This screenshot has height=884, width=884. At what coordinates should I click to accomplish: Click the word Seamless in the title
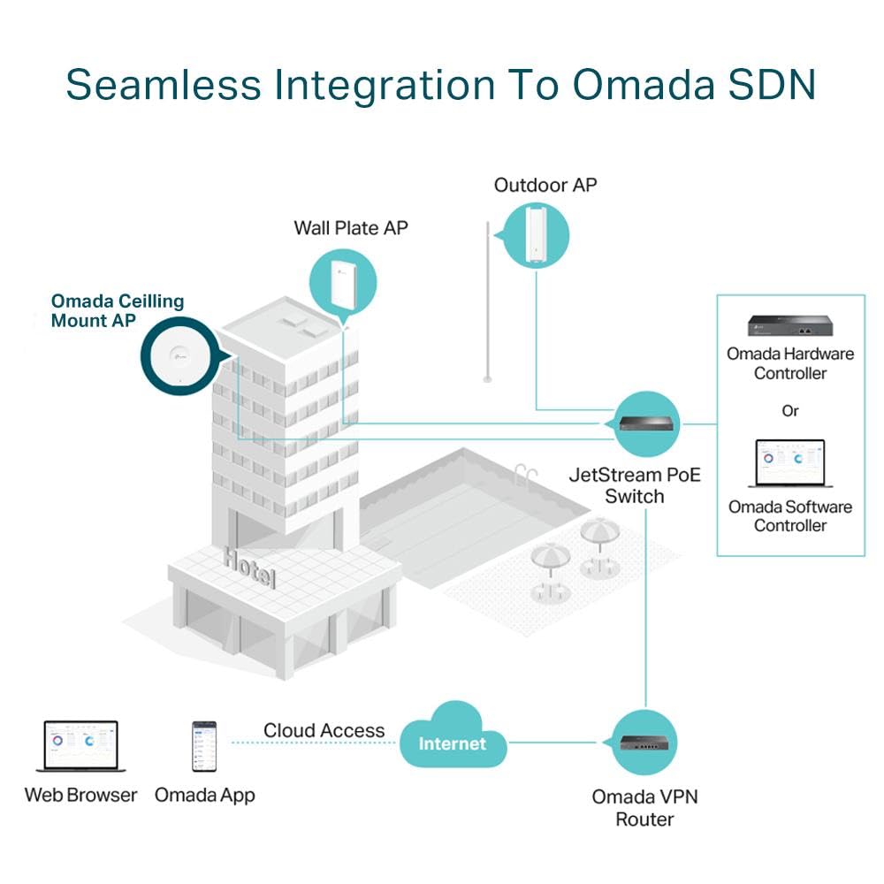click(164, 84)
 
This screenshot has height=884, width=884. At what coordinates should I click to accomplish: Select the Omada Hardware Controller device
click(789, 326)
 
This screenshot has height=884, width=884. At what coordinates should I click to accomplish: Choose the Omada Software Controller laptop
click(789, 464)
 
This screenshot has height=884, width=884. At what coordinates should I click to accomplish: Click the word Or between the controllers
click(789, 411)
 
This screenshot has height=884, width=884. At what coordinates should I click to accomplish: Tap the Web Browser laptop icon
click(81, 746)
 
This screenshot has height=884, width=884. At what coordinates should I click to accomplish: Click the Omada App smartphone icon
click(204, 748)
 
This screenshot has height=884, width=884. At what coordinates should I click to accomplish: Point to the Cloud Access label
click(324, 731)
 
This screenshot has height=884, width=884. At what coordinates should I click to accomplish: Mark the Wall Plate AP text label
click(351, 228)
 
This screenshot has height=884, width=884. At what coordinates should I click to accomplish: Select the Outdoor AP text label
click(545, 185)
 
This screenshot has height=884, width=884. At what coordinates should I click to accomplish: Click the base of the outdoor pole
click(489, 379)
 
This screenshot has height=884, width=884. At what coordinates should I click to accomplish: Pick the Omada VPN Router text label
click(644, 808)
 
